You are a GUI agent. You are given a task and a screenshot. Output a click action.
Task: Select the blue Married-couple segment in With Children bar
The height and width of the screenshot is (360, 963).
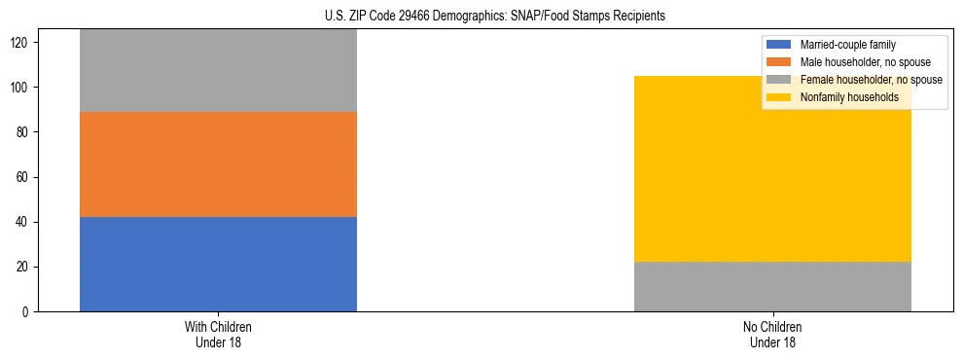pyautogui.click(x=218, y=264)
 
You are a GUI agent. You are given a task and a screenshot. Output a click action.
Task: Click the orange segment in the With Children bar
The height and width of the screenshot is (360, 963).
pyautogui.click(x=218, y=164)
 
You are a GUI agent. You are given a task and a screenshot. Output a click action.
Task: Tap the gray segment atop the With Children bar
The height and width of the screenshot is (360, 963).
pyautogui.click(x=218, y=70)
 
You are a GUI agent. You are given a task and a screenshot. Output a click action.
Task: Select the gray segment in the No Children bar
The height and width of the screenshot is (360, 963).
pyautogui.click(x=772, y=286)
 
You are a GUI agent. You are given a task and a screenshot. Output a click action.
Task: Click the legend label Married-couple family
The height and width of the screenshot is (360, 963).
pyautogui.click(x=847, y=45)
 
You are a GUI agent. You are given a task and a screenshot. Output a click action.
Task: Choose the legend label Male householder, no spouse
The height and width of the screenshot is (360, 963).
pyautogui.click(x=858, y=62)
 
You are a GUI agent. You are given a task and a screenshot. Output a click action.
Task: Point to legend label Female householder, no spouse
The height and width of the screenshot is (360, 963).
pyautogui.click(x=871, y=80)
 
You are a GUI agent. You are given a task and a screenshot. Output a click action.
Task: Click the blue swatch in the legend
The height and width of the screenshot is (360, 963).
pyautogui.click(x=780, y=45)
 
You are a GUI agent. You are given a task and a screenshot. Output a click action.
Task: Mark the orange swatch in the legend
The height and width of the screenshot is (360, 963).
pyautogui.click(x=780, y=62)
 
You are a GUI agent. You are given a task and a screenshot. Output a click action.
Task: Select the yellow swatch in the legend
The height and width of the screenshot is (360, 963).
pyautogui.click(x=780, y=97)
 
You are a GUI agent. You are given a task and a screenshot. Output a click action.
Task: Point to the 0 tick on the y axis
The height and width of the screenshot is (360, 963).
pyautogui.click(x=28, y=312)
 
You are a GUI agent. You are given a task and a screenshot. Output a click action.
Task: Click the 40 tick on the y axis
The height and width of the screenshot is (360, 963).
pyautogui.click(x=25, y=223)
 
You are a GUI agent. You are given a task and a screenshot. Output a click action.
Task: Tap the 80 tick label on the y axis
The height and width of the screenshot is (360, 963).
pyautogui.click(x=25, y=133)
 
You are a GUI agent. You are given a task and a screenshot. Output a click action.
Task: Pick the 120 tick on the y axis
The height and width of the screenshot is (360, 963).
pyautogui.click(x=22, y=44)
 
